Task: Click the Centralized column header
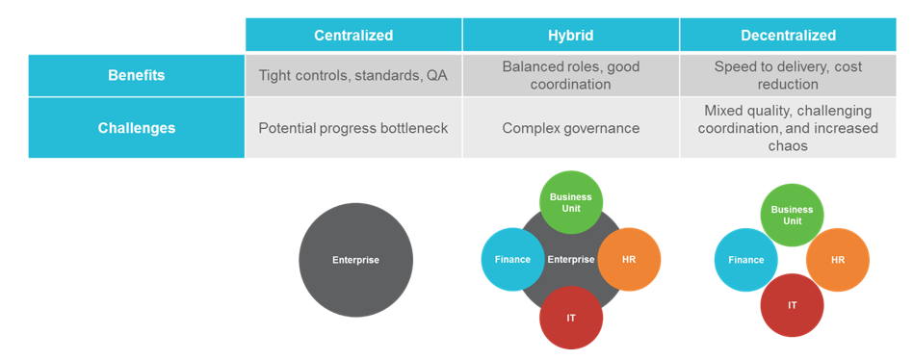[353, 35]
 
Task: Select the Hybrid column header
[570, 35]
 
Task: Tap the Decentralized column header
[788, 35]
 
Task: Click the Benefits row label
[136, 76]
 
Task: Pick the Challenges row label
[136, 127]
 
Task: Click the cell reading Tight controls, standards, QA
[353, 76]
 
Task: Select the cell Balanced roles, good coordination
[570, 76]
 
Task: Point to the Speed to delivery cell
[788, 76]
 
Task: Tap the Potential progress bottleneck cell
[353, 127]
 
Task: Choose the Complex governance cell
[570, 127]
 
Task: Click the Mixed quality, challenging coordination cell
[788, 127]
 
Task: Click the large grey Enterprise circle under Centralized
[355, 260]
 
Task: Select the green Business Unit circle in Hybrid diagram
[570, 202]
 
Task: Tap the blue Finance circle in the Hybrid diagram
[512, 259]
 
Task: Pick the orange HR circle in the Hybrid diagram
[629, 259]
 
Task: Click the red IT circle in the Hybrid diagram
[570, 318]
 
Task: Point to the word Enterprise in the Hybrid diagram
[570, 259]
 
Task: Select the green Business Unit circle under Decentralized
[792, 215]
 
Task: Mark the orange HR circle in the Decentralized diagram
[838, 260]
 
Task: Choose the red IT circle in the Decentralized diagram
[792, 305]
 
